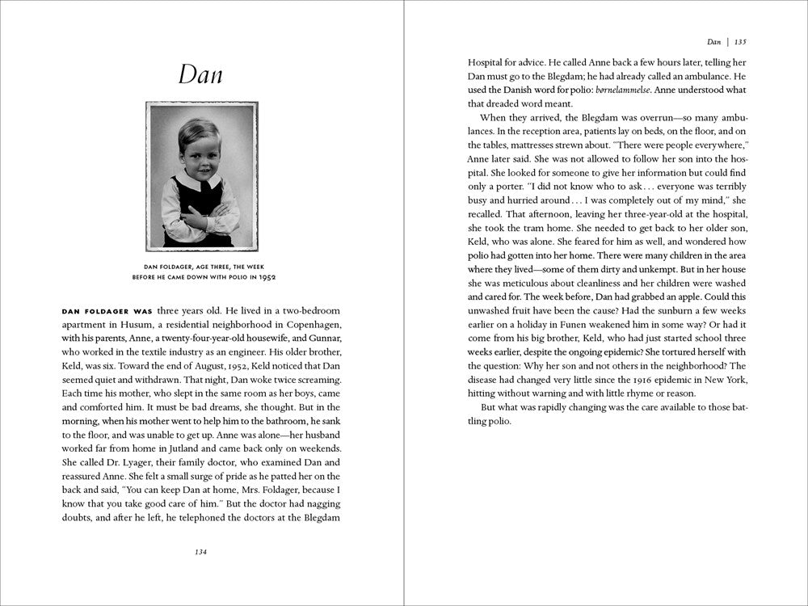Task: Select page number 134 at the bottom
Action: (x=201, y=552)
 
